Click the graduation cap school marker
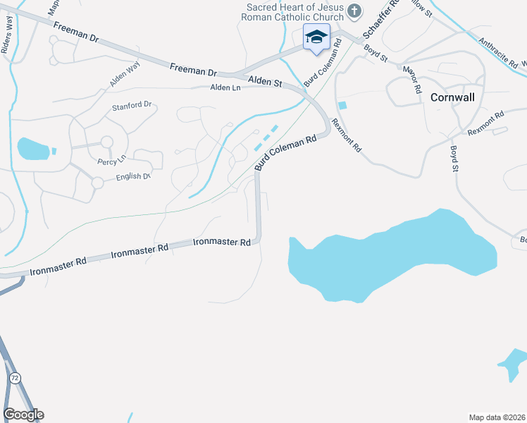(x=316, y=37)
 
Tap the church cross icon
(x=354, y=11)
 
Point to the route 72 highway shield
(x=15, y=379)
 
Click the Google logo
(x=23, y=415)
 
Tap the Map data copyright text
(x=497, y=417)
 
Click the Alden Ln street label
(x=226, y=87)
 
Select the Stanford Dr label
(x=132, y=106)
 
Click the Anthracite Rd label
(x=497, y=52)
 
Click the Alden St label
(x=266, y=82)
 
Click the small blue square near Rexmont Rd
(x=342, y=106)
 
